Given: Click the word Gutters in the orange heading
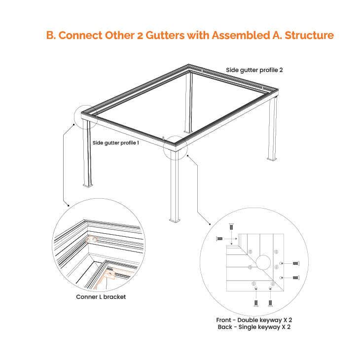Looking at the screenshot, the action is [x=165, y=36].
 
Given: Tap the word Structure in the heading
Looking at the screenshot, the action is [x=309, y=36].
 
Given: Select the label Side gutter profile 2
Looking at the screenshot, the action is [x=254, y=70].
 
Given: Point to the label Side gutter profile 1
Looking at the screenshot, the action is [x=116, y=143].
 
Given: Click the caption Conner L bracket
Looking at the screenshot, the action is [x=101, y=297].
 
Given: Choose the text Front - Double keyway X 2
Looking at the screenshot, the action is [x=254, y=320].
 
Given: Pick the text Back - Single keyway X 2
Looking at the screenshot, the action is [x=254, y=327].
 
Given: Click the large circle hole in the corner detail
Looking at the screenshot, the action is [x=263, y=262].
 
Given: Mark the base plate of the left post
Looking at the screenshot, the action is [x=88, y=185].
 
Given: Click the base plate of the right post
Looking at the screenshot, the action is [x=272, y=159].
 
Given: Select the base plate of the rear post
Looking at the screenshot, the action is [x=188, y=132].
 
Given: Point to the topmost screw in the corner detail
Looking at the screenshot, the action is [x=231, y=226].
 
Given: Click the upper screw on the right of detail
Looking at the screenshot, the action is [x=296, y=263].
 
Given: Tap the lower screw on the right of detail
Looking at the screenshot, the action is [x=296, y=278].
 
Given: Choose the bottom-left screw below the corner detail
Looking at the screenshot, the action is [x=256, y=303].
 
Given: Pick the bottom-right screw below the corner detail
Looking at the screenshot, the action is [x=270, y=303].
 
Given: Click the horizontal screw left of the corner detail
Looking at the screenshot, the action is [x=219, y=239].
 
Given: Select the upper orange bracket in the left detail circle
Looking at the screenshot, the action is [x=92, y=240].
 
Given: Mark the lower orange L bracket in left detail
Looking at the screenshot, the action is [x=110, y=274].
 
